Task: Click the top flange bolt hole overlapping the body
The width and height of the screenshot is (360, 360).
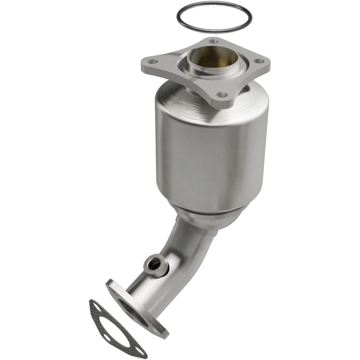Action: [220, 95]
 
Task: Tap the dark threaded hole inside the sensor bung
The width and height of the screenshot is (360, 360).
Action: [155, 265]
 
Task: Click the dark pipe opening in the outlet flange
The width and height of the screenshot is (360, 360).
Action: [135, 310]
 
